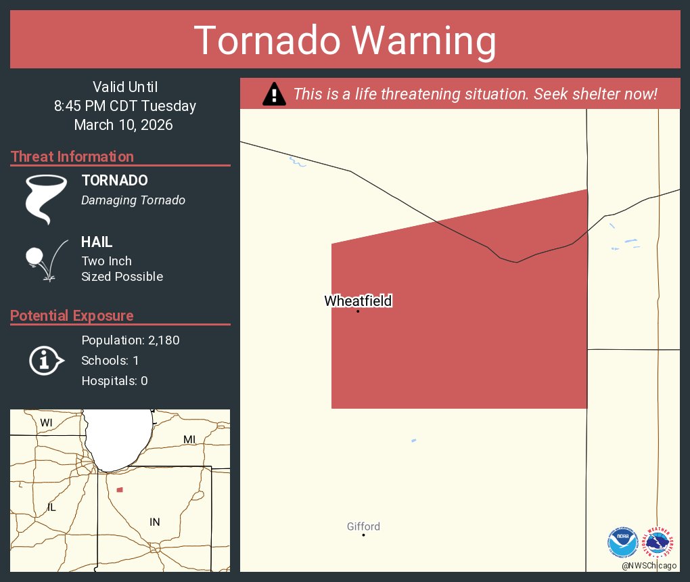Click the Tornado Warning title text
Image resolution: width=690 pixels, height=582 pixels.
pyautogui.click(x=345, y=41)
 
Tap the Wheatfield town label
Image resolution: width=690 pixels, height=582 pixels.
pyautogui.click(x=358, y=300)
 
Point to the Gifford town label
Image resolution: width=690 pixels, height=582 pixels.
pyautogui.click(x=363, y=526)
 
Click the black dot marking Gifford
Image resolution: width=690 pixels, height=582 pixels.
pyautogui.click(x=363, y=535)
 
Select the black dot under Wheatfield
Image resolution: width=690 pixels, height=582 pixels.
pyautogui.click(x=358, y=311)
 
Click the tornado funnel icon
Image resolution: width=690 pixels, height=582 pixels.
pyautogui.click(x=46, y=199)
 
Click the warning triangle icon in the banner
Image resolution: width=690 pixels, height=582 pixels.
pyautogui.click(x=274, y=94)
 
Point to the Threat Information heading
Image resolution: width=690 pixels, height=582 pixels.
pyautogui.click(x=72, y=156)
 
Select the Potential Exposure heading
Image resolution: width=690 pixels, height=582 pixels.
pyautogui.click(x=72, y=315)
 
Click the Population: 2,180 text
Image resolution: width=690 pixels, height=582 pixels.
pyautogui.click(x=131, y=340)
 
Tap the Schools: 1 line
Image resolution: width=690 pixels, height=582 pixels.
pyautogui.click(x=110, y=360)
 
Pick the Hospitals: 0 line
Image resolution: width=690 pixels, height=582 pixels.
pyautogui.click(x=114, y=380)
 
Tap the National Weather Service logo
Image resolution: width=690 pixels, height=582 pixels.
pyautogui.click(x=658, y=541)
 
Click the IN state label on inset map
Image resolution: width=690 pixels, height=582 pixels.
pyautogui.click(x=155, y=521)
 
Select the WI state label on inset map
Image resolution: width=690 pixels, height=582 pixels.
pyautogui.click(x=46, y=422)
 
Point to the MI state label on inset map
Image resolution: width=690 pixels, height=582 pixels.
pyautogui.click(x=189, y=440)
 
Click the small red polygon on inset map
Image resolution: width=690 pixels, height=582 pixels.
pyautogui.click(x=120, y=489)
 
